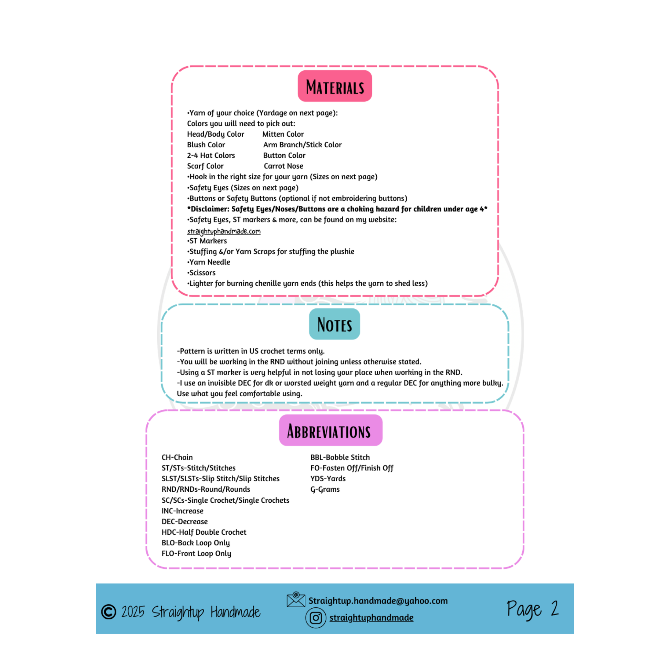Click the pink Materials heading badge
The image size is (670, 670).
tap(335, 86)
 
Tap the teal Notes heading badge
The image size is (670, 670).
tap(334, 324)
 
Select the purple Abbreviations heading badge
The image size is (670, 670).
tap(331, 430)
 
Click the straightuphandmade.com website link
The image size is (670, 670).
tap(224, 231)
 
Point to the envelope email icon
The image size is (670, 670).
tap(296, 600)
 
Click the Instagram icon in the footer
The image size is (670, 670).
tap(316, 618)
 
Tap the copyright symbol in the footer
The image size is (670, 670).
tap(108, 612)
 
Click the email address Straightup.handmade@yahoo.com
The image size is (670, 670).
tap(378, 601)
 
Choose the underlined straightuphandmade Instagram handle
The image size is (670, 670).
tap(371, 618)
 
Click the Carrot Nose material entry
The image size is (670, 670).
tap(283, 166)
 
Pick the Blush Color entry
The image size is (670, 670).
tap(206, 145)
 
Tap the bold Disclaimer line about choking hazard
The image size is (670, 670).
tap(337, 209)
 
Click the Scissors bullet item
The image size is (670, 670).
tap(201, 273)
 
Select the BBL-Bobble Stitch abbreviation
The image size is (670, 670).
tap(340, 458)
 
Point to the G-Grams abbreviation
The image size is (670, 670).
tap(325, 489)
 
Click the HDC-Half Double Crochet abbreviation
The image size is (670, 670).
tap(204, 532)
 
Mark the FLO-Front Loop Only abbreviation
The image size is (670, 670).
tap(196, 554)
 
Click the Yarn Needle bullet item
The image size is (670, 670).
tap(209, 262)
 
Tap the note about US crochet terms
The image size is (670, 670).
tap(251, 351)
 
